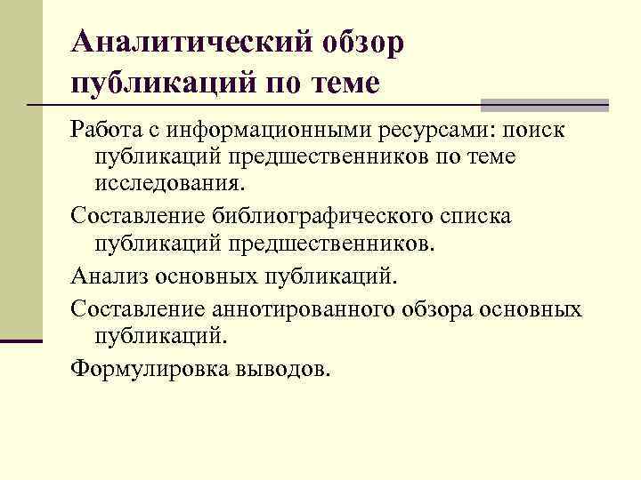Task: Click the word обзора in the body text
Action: click(x=432, y=308)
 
